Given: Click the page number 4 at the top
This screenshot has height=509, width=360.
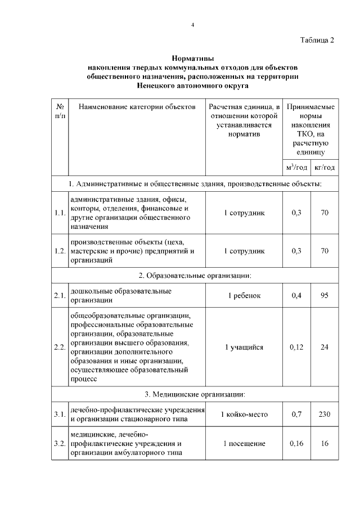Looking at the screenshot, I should click(x=192, y=25).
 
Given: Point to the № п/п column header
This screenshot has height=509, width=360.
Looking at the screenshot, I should click(x=60, y=111).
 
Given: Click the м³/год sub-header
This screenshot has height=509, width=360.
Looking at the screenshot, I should click(x=296, y=168).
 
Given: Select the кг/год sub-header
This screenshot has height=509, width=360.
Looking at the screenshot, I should click(x=325, y=168).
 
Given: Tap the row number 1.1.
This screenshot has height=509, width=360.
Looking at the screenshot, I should click(x=60, y=213).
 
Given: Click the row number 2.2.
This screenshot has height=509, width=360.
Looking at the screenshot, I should click(x=60, y=347).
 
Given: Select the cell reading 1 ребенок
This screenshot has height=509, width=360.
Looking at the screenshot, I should click(x=244, y=296).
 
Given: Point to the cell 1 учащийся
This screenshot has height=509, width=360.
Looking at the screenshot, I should click(x=244, y=347).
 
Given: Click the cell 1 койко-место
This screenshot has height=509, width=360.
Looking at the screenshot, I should click(x=244, y=415).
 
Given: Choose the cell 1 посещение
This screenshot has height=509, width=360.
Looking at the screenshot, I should click(x=244, y=444).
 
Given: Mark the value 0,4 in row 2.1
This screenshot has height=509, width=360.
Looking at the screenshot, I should click(x=296, y=296).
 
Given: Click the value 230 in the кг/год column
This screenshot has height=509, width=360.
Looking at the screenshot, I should click(x=325, y=415).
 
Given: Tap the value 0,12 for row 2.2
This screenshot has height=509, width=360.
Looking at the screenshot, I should click(x=296, y=347).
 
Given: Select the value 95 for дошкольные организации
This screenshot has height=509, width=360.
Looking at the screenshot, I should click(x=325, y=296).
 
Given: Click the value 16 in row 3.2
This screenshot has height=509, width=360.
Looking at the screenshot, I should click(x=325, y=444).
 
